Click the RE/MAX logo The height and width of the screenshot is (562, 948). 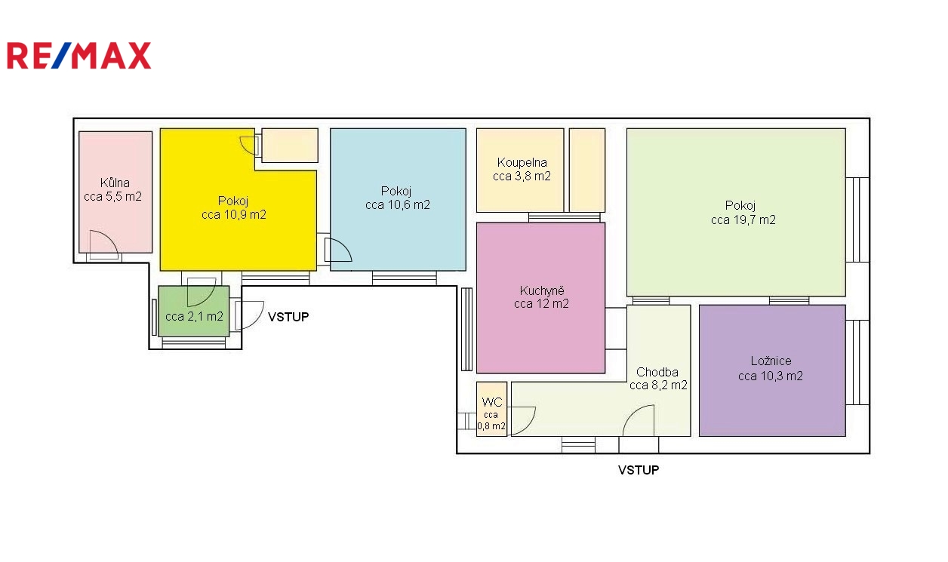click(x=78, y=55)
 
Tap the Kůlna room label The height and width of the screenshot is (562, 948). click(x=113, y=189)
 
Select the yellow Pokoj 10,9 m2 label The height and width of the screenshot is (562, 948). click(x=234, y=207)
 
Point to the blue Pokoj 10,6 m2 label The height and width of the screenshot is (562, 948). click(x=398, y=198)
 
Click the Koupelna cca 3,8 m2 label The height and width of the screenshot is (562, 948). click(x=522, y=169)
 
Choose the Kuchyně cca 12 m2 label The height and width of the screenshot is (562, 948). click(x=541, y=297)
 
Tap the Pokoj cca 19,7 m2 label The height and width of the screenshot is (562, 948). click(x=743, y=213)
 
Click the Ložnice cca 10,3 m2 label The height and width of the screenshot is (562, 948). click(x=770, y=368)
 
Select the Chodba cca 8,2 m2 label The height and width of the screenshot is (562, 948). click(x=658, y=379)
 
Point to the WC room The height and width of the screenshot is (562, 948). click(x=492, y=409)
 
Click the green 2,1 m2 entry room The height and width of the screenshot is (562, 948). click(x=194, y=312)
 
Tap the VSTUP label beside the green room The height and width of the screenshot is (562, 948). click(x=288, y=317)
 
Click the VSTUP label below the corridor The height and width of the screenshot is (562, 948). click(x=639, y=470)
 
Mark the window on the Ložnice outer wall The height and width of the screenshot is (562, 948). click(x=857, y=362)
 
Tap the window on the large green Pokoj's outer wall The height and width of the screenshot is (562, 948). click(x=857, y=220)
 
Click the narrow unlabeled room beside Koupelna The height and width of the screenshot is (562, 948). click(x=587, y=170)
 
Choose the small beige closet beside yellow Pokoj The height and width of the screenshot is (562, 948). click(x=290, y=146)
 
